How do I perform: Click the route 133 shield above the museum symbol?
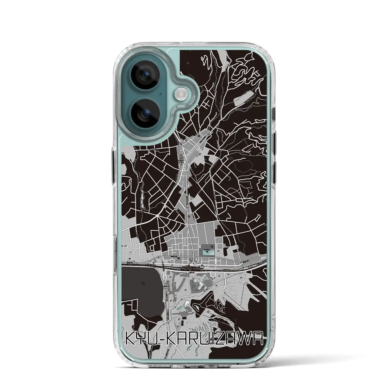(x=187, y=208)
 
